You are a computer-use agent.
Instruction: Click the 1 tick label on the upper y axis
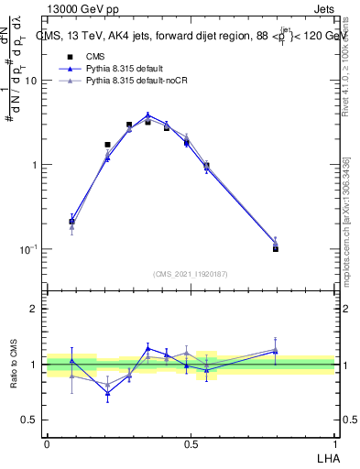coord(34,165)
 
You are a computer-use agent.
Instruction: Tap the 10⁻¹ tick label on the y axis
coord(28,249)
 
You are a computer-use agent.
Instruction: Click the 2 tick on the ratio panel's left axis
coord(35,310)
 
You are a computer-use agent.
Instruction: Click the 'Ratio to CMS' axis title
coord(13,364)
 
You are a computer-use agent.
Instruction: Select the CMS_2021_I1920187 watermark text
coord(191,273)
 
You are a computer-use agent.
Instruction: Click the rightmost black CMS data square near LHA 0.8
coord(276,248)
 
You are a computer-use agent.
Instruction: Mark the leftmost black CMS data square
coord(72,222)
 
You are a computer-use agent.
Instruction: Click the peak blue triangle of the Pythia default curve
coord(147,115)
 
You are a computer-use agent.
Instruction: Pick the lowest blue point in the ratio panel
coord(107,394)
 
